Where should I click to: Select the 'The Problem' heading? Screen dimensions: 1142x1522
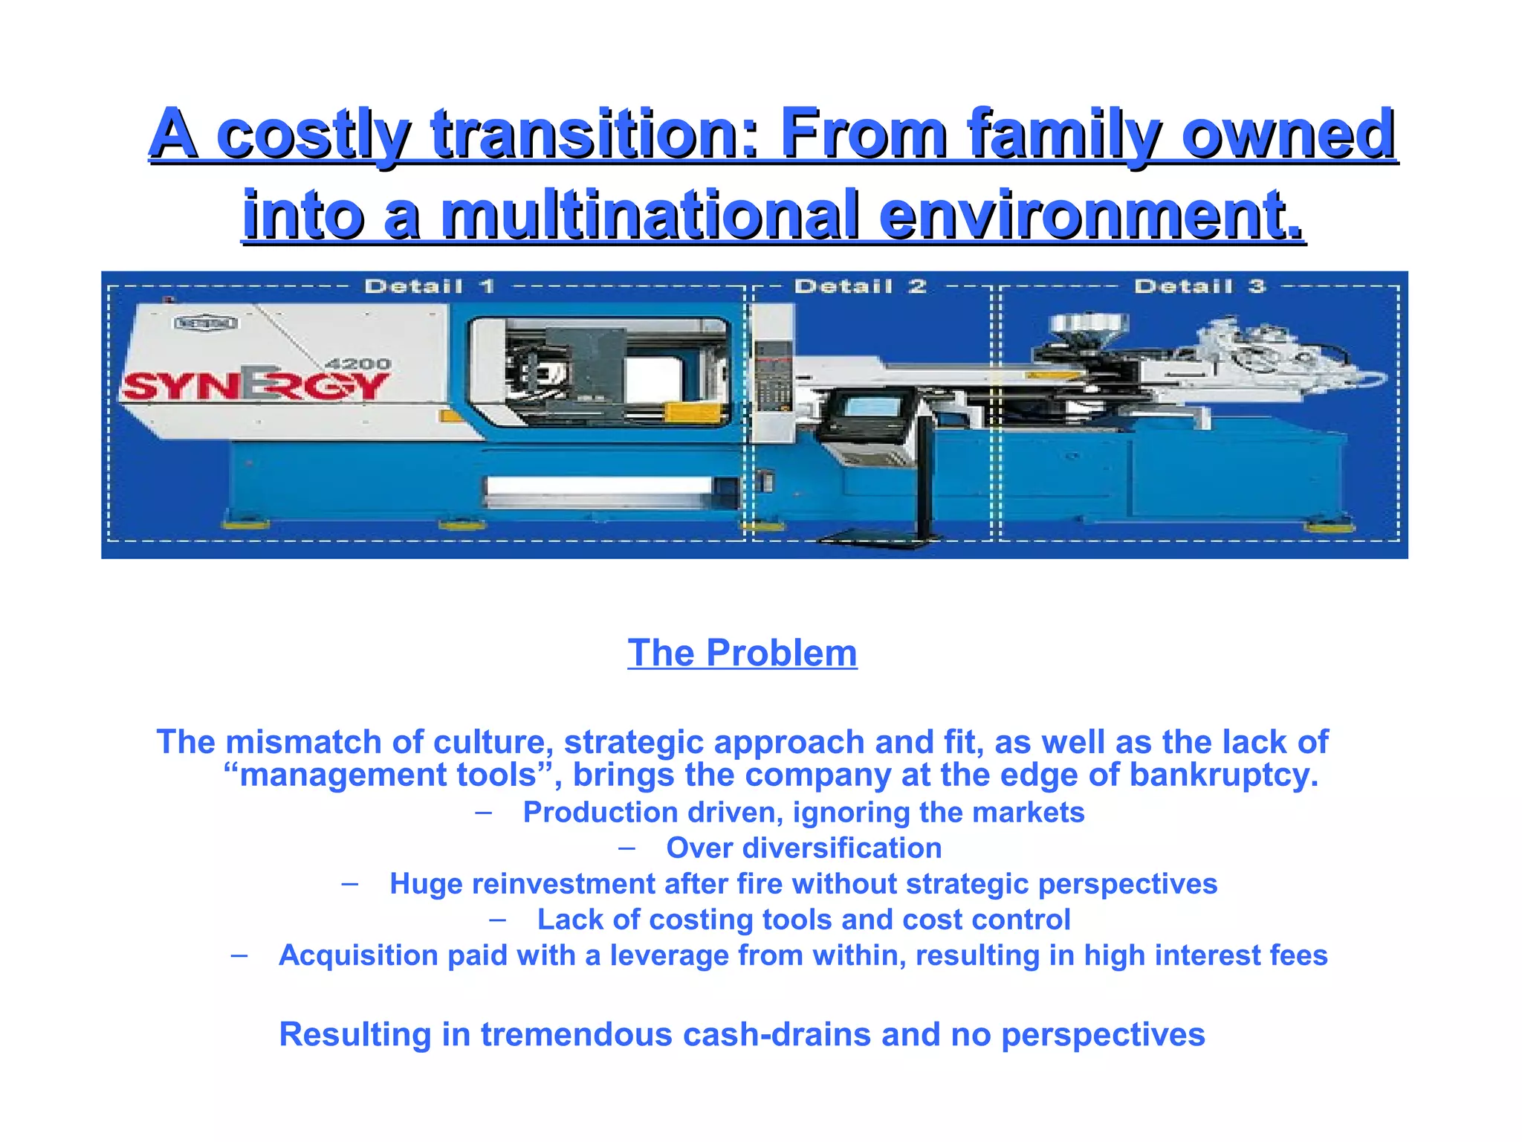[742, 654]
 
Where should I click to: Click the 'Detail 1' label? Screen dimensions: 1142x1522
[430, 286]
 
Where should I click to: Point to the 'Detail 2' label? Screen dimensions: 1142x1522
[860, 286]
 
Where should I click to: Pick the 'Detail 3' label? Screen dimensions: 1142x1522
[1199, 286]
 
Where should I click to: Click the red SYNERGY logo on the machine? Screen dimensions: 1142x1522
[255, 384]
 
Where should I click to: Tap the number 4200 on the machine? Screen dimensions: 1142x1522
[358, 364]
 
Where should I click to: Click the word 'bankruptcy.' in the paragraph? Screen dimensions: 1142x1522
[1223, 775]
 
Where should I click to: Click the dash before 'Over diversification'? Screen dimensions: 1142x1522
[626, 848]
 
